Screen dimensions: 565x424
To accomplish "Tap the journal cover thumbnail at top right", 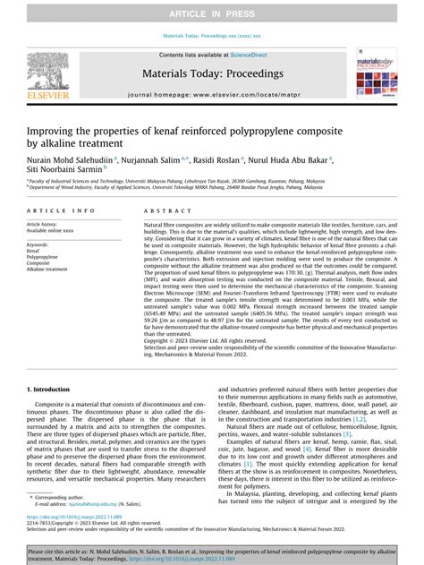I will (377, 72).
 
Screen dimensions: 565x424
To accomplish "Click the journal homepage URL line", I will (212, 93).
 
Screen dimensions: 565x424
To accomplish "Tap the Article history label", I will (45, 223).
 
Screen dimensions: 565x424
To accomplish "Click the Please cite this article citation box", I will (212, 550).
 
